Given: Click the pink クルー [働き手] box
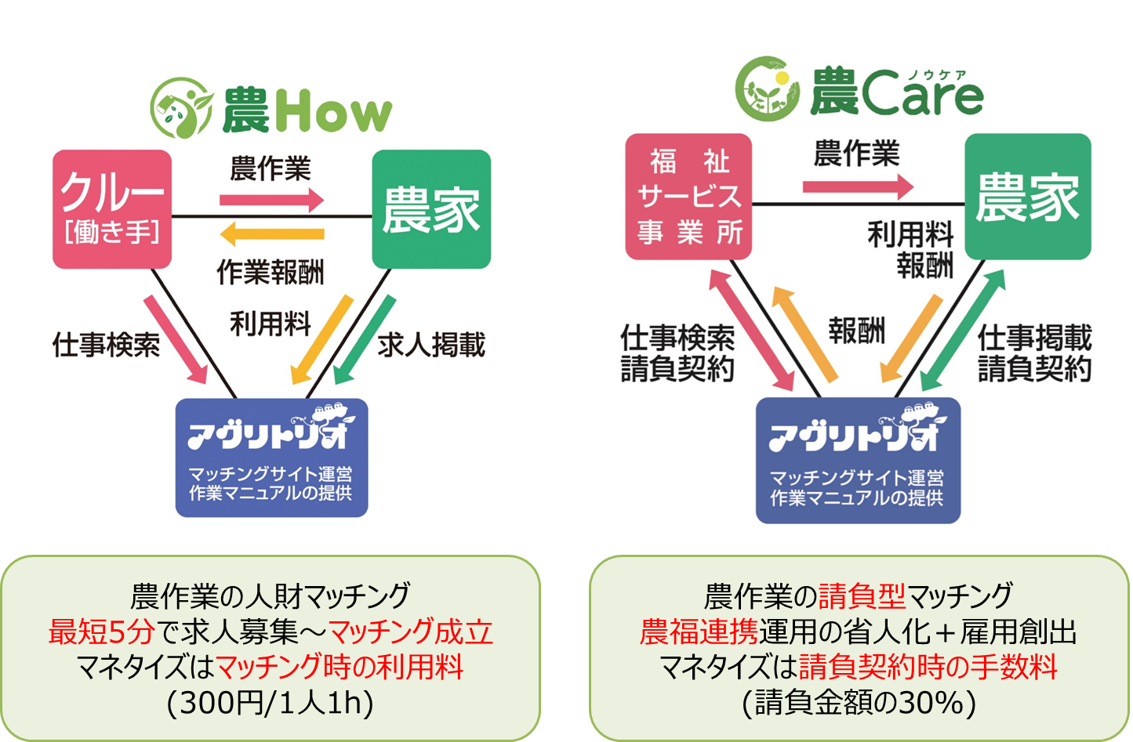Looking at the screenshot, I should point(112,209).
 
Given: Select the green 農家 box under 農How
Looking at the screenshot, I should point(431,209).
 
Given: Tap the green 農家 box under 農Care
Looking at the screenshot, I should point(1027,197).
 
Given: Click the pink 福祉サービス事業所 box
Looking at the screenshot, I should point(688,197).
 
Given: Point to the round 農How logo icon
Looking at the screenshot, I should point(181,108).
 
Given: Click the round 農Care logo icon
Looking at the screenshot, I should point(767,89).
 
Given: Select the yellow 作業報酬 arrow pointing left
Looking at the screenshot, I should point(272,233).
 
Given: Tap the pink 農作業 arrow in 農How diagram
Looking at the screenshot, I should point(272,200).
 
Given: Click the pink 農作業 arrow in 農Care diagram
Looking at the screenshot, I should point(858,186).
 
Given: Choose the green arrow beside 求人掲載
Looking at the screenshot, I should point(365,339).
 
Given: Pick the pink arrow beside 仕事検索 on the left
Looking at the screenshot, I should point(176,339).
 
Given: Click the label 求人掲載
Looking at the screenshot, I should point(431,345).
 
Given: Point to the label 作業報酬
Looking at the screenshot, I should point(271,272).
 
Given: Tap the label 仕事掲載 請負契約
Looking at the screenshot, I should point(1034,353).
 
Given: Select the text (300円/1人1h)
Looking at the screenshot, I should point(271,702).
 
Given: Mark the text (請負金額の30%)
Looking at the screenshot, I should point(859,702).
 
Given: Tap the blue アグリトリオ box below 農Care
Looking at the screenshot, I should point(858,460).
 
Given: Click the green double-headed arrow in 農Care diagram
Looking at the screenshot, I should point(962,331).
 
